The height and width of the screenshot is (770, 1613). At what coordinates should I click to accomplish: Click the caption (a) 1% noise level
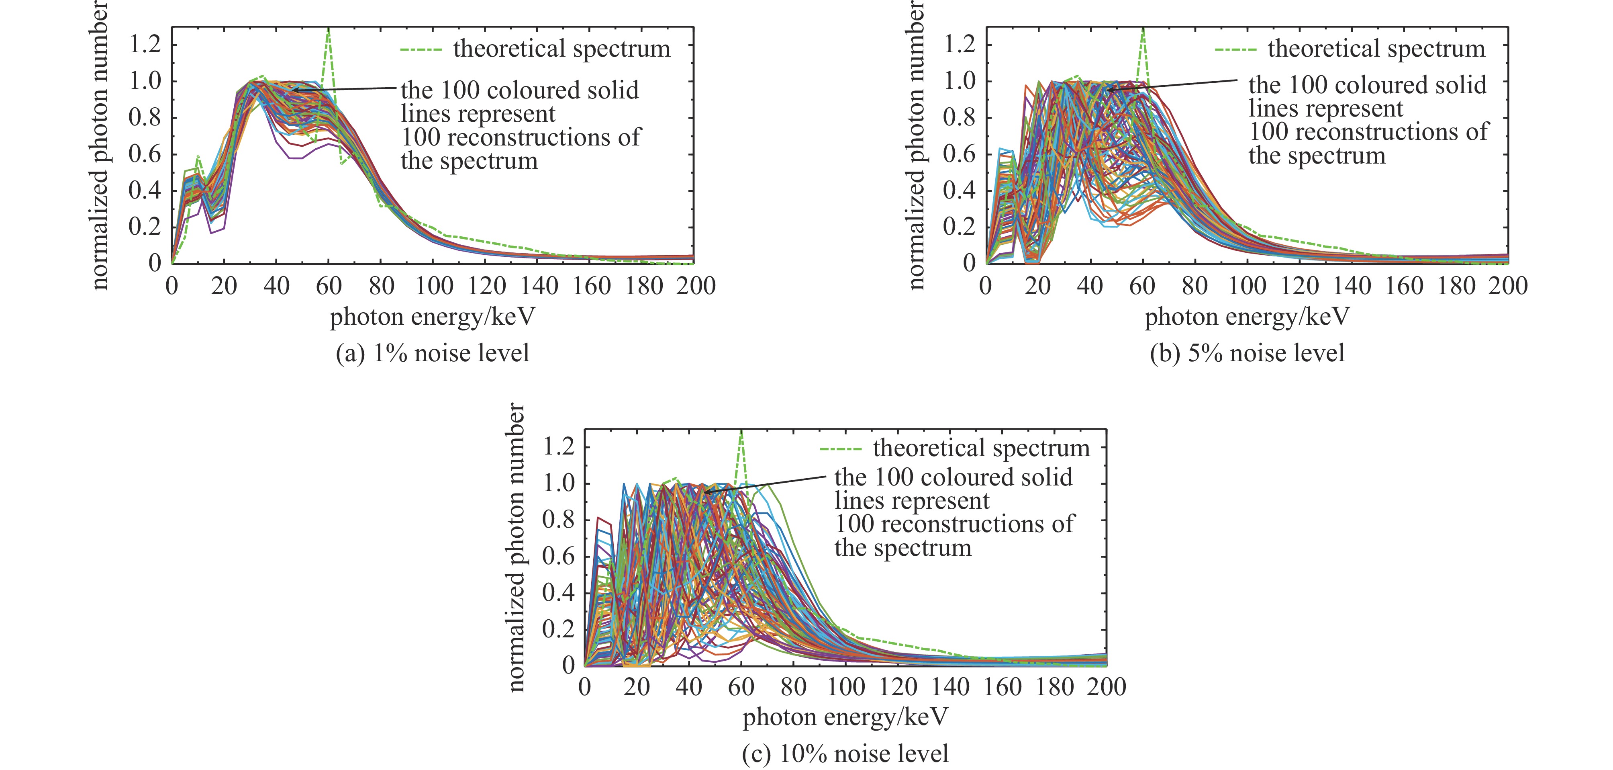coord(433,353)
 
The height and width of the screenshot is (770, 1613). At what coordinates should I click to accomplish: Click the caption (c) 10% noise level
coord(845,753)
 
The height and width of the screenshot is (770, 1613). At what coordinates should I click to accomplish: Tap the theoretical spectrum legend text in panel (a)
coord(561,49)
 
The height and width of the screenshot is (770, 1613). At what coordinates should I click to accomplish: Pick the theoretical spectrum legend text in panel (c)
coord(981,448)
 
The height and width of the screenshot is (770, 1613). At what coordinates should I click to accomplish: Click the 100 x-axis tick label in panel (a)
coord(434,286)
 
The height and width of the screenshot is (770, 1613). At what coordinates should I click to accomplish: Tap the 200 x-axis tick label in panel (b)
coord(1508,286)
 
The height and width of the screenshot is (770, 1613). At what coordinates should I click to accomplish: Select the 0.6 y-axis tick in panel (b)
coord(959,154)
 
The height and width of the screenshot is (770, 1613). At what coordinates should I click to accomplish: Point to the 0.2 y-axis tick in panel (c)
coord(558,629)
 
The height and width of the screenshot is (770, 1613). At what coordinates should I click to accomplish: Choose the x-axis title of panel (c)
coord(845,717)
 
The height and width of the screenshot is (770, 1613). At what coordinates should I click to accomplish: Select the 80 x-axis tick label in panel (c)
coord(793,687)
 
